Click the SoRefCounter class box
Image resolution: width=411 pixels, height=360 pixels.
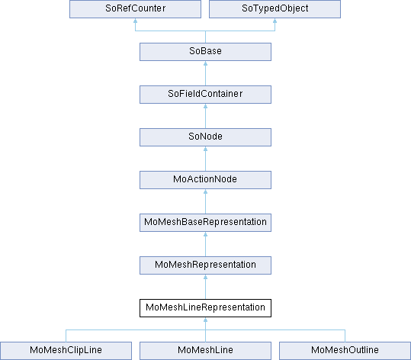pyautogui.click(x=135, y=9)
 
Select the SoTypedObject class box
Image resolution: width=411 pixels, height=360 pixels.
pyautogui.click(x=275, y=9)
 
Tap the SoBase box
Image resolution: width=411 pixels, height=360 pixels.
pyautogui.click(x=205, y=52)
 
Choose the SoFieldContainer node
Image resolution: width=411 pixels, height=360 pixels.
pyautogui.click(x=205, y=95)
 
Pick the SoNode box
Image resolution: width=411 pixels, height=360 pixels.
pyautogui.click(x=205, y=137)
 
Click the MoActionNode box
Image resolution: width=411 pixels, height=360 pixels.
pyautogui.click(x=205, y=180)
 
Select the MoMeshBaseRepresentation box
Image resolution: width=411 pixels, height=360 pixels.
pyautogui.click(x=205, y=223)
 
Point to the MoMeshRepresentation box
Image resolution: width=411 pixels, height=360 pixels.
pyautogui.click(x=205, y=265)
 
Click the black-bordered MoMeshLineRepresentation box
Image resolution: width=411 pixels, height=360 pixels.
pyautogui.click(x=205, y=308)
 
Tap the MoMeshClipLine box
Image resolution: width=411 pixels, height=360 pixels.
pyautogui.click(x=66, y=351)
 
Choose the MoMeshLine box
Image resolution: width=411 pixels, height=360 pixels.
pyautogui.click(x=205, y=351)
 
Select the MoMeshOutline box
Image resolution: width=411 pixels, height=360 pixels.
pyautogui.click(x=345, y=351)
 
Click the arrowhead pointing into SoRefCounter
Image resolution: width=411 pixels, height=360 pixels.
pyautogui.click(x=135, y=21)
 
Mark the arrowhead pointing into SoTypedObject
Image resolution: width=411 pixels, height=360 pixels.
pyautogui.click(x=275, y=21)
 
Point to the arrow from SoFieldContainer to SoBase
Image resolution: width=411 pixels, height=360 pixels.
pyautogui.click(x=205, y=73)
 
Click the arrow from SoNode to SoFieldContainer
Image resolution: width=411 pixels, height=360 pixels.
pyautogui.click(x=205, y=116)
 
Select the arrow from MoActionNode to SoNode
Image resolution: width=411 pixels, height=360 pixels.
pyautogui.click(x=205, y=159)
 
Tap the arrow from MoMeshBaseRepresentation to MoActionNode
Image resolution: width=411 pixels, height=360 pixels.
pyautogui.click(x=205, y=201)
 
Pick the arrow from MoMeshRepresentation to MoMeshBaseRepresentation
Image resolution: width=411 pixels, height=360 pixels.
pyautogui.click(x=205, y=244)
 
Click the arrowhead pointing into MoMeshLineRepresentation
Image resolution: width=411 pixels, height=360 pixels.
pyautogui.click(x=205, y=320)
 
